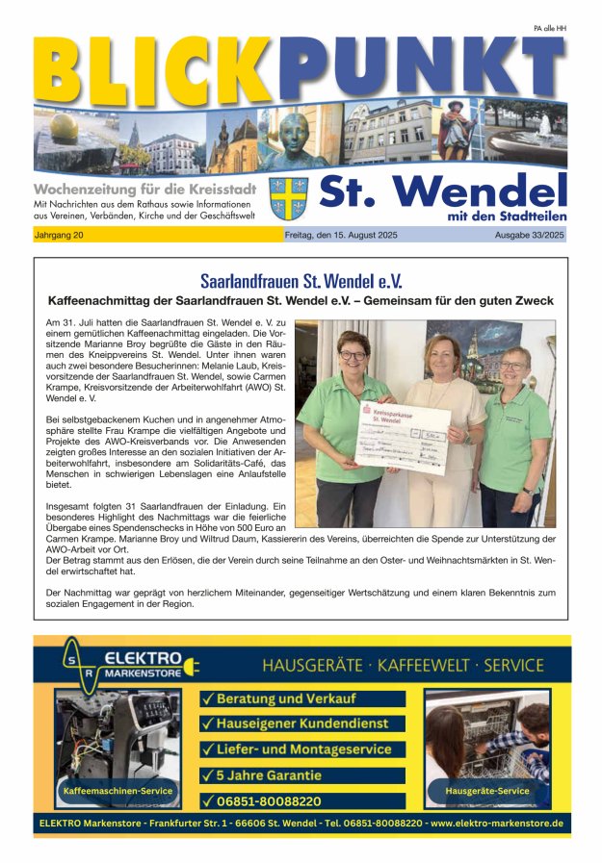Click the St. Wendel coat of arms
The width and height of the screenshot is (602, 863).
[289, 198]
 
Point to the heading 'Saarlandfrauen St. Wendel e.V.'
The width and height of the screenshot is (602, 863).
[301, 282]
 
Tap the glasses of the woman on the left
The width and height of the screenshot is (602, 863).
[353, 355]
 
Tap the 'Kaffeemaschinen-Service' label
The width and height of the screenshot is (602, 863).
[118, 791]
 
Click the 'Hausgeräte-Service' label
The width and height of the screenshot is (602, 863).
[487, 791]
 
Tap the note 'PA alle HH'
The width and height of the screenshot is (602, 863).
[549, 29]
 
